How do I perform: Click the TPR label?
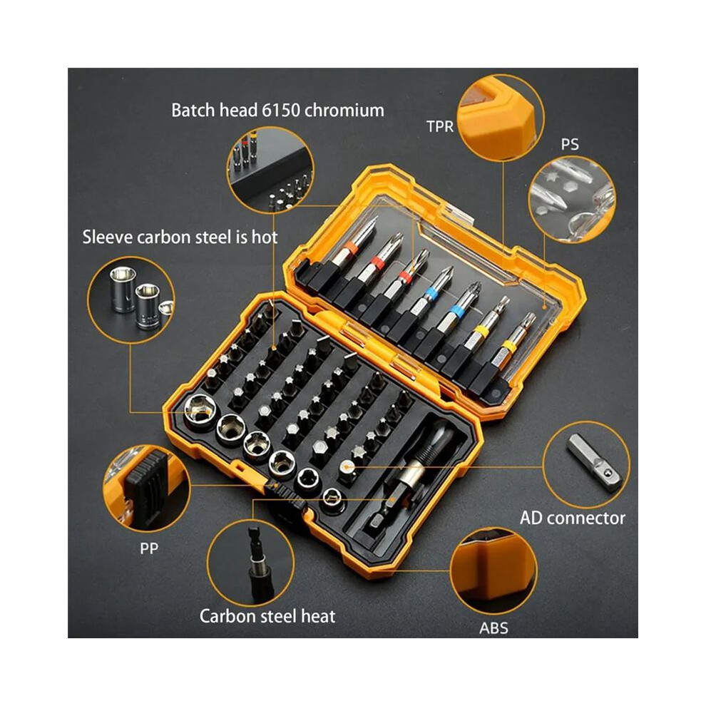click(x=440, y=126)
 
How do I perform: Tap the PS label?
click(x=570, y=145)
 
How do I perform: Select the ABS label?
click(x=493, y=628)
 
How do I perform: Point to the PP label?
click(x=149, y=548)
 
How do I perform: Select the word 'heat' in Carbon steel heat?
click(x=318, y=616)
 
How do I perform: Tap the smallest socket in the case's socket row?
click(x=333, y=498)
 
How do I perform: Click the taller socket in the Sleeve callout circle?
click(x=123, y=289)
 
